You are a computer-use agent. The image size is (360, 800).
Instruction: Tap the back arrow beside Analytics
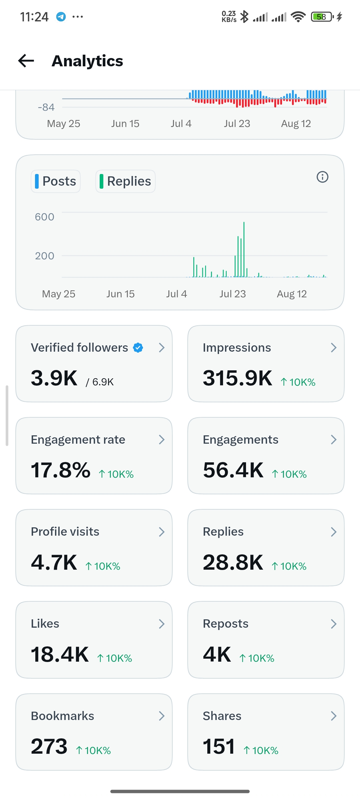26,61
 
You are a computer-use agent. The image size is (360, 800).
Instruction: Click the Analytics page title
87,61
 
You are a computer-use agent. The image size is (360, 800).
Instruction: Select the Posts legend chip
56,181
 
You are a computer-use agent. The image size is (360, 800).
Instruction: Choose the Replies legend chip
125,181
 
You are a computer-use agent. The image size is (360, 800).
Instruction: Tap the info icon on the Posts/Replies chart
322,177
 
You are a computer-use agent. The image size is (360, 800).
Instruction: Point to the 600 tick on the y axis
45,217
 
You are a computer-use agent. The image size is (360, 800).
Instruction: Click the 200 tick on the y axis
45,256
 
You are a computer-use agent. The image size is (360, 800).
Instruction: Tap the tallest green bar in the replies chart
244,249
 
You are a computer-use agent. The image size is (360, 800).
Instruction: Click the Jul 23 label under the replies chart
233,294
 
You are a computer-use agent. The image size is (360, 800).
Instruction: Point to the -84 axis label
46,107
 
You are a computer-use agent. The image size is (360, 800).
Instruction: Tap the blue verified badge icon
138,348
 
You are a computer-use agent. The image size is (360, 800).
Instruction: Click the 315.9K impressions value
238,378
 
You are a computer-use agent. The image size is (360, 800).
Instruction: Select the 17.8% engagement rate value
61,470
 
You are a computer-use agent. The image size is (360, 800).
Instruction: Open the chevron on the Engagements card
334,440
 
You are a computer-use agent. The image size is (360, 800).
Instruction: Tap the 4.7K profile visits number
54,562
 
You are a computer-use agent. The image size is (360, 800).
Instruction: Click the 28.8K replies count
233,562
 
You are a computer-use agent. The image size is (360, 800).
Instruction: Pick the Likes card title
45,624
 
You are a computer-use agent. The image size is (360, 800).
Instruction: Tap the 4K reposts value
217,654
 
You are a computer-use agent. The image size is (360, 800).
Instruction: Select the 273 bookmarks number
49,746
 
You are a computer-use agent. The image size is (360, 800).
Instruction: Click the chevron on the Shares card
334,716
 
